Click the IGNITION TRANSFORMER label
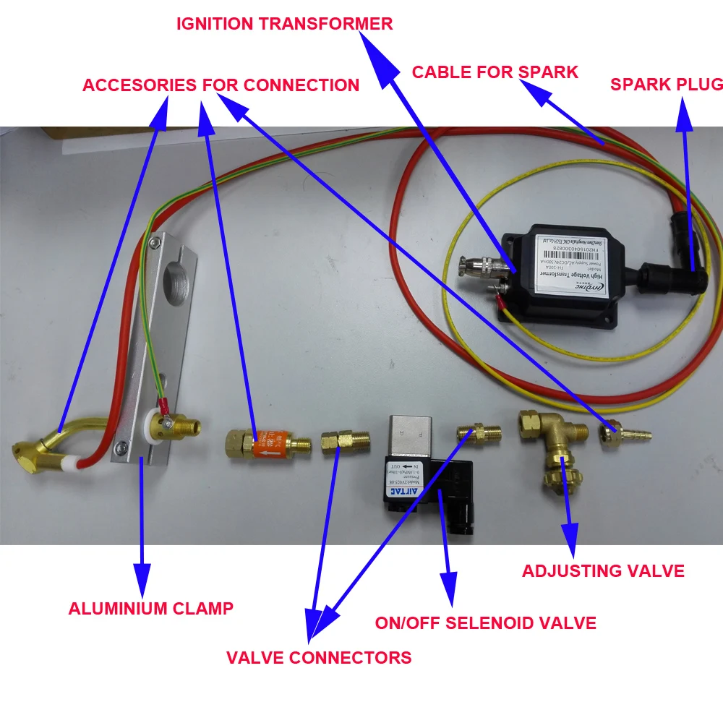(x=285, y=23)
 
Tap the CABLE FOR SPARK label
(x=495, y=72)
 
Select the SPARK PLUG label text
(x=666, y=84)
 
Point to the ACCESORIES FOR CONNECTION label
(x=221, y=85)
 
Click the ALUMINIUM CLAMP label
(x=150, y=608)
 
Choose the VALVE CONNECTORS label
(x=319, y=657)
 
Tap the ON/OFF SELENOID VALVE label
(x=485, y=623)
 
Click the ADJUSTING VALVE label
(x=603, y=570)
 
